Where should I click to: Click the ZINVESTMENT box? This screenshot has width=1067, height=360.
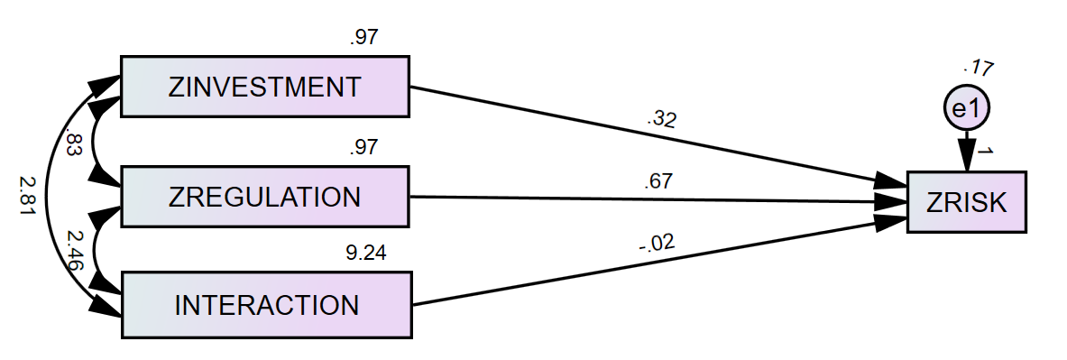coord(264,87)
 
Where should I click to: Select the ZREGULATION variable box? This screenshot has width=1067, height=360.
coord(264,197)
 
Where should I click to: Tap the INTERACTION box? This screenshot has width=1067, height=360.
coord(266,305)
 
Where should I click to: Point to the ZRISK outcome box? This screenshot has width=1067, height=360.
coord(966,202)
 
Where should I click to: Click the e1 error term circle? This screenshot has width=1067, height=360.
coord(966,109)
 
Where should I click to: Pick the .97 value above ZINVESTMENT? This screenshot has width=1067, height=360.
coord(363,38)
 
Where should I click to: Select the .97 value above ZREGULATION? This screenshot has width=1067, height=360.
coord(363,147)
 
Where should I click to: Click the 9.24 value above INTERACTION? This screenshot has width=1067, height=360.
coord(366,254)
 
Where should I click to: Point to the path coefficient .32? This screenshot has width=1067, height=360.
coord(660,119)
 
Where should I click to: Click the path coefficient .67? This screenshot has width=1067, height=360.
coord(658,181)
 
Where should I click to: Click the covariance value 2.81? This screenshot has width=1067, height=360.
coord(26,196)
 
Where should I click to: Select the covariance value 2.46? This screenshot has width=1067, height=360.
coord(75,250)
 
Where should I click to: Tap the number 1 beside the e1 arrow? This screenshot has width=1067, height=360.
coord(985,152)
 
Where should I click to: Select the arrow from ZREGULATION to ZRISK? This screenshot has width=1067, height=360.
coord(649,199)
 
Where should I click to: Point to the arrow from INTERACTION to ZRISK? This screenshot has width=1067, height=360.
coord(649,261)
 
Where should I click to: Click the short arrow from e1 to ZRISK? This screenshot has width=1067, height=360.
coord(967,150)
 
